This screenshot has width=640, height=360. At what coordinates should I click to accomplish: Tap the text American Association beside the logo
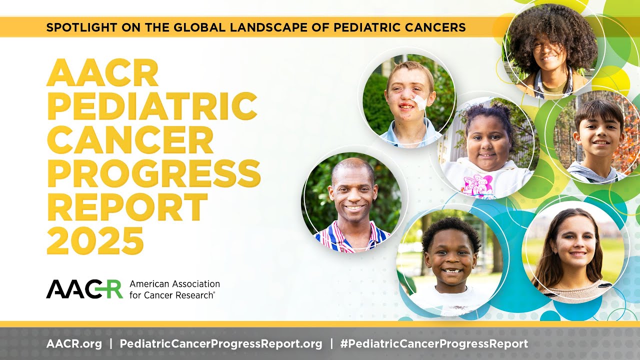[174, 284]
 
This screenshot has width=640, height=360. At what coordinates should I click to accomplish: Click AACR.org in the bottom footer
[74, 344]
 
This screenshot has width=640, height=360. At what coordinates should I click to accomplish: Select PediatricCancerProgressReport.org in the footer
[221, 344]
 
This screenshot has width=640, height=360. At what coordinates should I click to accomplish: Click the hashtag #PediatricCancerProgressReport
[433, 344]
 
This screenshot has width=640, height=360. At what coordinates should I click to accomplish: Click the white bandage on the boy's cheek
[419, 103]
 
